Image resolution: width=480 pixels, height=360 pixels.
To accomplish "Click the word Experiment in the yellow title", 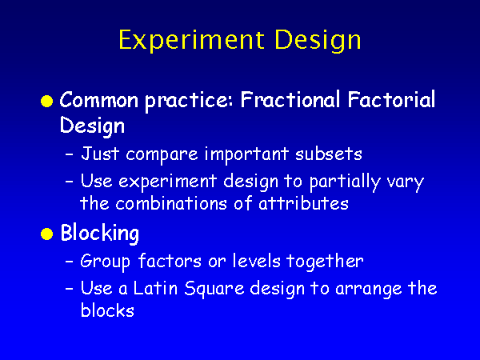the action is tap(191, 40).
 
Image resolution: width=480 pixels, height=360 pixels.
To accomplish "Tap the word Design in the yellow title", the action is tap(318, 41).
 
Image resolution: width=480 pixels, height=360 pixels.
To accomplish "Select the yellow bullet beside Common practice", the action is tap(47, 101).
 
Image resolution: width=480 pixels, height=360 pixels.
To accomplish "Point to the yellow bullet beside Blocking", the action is tap(47, 234).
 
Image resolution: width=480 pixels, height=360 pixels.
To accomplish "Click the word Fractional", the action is tap(290, 99).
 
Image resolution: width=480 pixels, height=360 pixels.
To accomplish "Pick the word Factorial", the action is tap(391, 99).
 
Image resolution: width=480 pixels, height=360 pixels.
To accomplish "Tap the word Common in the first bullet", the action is tap(99, 100).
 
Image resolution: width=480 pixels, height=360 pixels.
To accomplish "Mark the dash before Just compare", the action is tap(70, 154).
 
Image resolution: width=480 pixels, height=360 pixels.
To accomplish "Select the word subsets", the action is tap(329, 154).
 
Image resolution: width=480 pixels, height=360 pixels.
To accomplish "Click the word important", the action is tap(246, 155).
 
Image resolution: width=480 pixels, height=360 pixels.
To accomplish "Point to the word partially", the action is tap(345, 182).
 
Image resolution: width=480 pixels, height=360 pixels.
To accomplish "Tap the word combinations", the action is tap(171, 203).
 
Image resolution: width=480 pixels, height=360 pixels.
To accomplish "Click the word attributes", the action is tap(303, 203).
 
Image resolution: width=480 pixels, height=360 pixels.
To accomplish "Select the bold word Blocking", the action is tap(100, 234).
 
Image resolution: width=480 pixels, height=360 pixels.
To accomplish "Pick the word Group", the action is tap(105, 262).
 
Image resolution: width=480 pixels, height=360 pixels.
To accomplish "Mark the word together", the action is tap(325, 262).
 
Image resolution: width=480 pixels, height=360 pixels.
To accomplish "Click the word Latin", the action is tap(155, 288).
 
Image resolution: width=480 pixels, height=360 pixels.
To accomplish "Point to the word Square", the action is tap(214, 289).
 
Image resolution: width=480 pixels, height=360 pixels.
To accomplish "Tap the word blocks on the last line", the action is tap(107, 310).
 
